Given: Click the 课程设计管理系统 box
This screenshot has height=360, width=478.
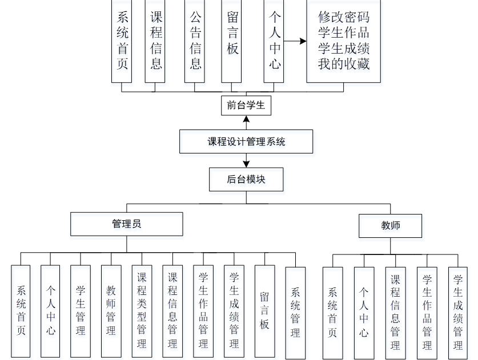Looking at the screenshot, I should [246, 141].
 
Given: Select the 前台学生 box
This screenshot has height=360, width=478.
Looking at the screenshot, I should [246, 106].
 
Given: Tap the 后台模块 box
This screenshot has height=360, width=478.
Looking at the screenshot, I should [246, 179].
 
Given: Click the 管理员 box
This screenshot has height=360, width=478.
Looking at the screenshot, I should [127, 224].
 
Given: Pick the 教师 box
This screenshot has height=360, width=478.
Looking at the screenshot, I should [391, 225].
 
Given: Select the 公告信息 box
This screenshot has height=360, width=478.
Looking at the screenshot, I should [196, 40].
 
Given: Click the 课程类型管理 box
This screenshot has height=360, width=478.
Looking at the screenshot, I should [142, 311].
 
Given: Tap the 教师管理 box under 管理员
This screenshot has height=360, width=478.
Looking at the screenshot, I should [111, 311].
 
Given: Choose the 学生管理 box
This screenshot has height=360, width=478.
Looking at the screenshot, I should [81, 311].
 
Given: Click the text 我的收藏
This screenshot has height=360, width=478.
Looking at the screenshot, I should [344, 63].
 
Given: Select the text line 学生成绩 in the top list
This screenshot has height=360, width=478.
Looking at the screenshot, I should [344, 48].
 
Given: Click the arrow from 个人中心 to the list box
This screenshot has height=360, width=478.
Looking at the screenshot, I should [295, 41].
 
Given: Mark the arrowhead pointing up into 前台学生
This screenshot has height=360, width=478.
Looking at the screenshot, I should [246, 119].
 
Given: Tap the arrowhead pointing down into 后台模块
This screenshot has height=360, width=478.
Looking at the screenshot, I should [246, 164].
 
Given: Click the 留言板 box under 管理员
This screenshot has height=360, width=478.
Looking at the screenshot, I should [264, 311].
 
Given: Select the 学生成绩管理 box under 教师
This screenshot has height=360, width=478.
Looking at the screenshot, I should [458, 312].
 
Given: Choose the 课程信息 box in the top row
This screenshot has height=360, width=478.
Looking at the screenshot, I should [156, 40].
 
